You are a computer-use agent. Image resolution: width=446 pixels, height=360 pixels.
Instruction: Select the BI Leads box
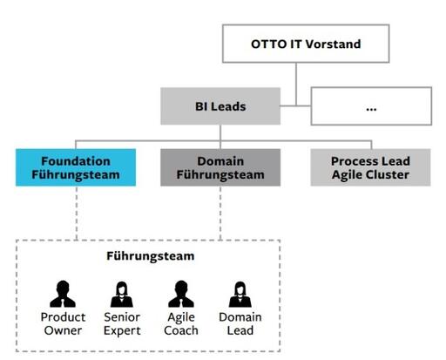(x=220, y=106)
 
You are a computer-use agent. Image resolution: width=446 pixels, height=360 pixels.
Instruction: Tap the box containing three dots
(x=370, y=106)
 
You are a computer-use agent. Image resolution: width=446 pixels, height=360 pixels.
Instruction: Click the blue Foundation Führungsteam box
(x=75, y=167)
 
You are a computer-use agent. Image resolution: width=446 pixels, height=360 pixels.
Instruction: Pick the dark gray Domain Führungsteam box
(x=220, y=167)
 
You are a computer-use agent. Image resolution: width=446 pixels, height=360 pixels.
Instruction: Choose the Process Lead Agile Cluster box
(x=370, y=167)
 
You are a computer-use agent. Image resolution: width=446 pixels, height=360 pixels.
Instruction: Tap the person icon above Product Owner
(x=61, y=292)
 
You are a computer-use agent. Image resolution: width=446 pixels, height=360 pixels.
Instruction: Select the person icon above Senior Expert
(x=121, y=292)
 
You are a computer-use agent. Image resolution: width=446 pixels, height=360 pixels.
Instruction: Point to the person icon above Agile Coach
(x=180, y=292)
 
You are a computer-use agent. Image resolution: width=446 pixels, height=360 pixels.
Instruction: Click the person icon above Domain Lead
(x=240, y=292)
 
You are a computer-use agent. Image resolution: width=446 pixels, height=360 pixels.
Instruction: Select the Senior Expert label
(x=121, y=323)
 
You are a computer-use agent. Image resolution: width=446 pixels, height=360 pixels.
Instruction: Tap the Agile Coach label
(x=180, y=323)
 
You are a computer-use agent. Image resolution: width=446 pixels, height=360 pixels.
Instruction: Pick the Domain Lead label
(x=240, y=323)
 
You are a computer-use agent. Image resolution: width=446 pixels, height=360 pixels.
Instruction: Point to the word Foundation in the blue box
(x=75, y=160)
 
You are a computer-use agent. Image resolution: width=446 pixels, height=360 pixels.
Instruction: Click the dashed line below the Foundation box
(x=76, y=214)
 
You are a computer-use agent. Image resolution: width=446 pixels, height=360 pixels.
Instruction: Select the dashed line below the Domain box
(x=220, y=214)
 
